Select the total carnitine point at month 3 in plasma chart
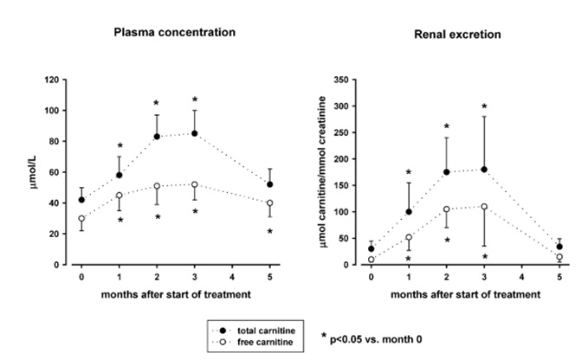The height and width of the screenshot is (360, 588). [x=195, y=133]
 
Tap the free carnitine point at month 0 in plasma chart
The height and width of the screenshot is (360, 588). [x=81, y=218]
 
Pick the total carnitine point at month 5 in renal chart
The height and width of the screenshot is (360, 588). [x=559, y=247]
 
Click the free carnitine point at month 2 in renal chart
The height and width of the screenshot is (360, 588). [x=447, y=209]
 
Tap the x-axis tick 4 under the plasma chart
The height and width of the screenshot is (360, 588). [x=232, y=277]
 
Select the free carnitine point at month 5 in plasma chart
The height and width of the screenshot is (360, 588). [x=270, y=203]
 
